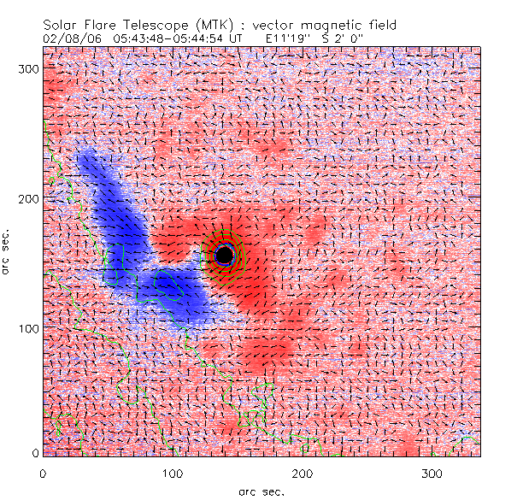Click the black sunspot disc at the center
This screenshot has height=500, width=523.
coord(224,255)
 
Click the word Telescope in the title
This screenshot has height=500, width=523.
coord(154,26)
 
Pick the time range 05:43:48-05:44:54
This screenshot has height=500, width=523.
coord(163,38)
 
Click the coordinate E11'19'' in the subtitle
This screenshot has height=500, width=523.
coord(289,38)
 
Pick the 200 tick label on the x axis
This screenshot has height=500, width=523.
coord(302,473)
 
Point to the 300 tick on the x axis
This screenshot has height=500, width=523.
coord(432,473)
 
